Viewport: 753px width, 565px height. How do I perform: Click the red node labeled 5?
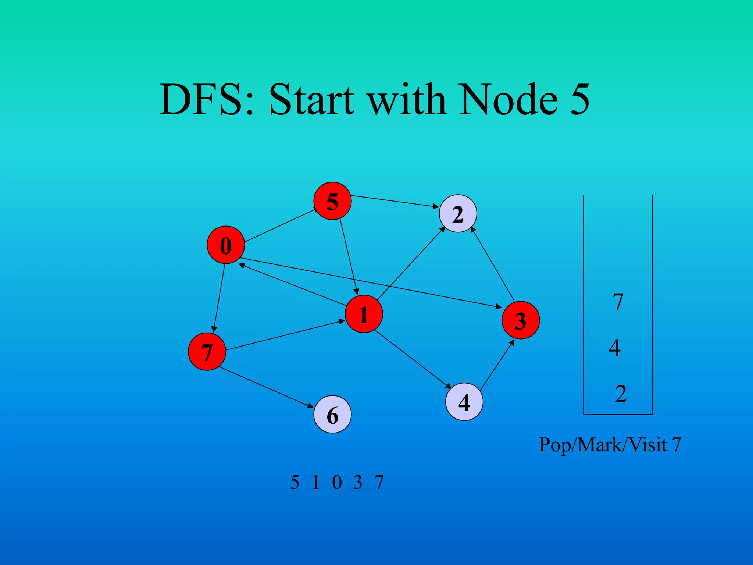pyautogui.click(x=332, y=201)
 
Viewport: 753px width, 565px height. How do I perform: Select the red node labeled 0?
pyautogui.click(x=226, y=245)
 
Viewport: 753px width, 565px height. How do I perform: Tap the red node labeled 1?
pyautogui.click(x=364, y=314)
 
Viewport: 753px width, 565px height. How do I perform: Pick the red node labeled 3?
pyautogui.click(x=521, y=320)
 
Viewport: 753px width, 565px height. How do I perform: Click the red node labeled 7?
pyautogui.click(x=207, y=352)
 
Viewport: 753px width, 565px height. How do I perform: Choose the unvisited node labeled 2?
pyautogui.click(x=458, y=213)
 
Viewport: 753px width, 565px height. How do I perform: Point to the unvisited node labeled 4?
pyautogui.click(x=464, y=402)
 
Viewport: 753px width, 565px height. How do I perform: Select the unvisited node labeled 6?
pyautogui.click(x=332, y=415)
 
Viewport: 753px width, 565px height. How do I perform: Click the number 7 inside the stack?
pyautogui.click(x=618, y=302)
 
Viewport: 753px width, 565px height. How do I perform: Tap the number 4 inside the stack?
pyautogui.click(x=615, y=348)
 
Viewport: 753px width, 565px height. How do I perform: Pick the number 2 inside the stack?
pyautogui.click(x=621, y=394)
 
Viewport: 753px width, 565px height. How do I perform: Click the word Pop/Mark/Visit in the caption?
pyautogui.click(x=602, y=445)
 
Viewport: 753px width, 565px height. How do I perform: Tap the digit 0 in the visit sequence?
pyautogui.click(x=337, y=482)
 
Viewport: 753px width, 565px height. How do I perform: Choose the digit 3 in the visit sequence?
pyautogui.click(x=358, y=482)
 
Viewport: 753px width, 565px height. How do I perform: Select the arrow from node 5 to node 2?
pyautogui.click(x=395, y=202)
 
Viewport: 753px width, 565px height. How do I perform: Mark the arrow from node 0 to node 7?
pyautogui.click(x=219, y=298)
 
